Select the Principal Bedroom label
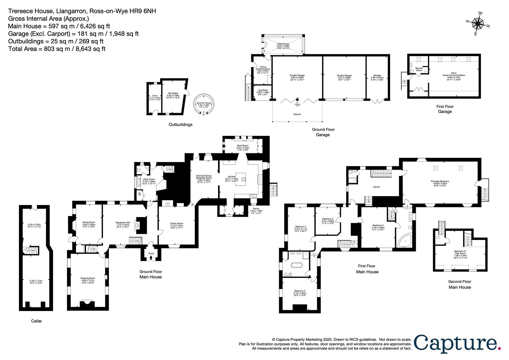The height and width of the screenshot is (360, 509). click(x=441, y=183)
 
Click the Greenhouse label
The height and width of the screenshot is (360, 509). click(x=282, y=46)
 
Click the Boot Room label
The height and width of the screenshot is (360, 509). click(x=243, y=147)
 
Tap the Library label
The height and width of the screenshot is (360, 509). click(x=376, y=187)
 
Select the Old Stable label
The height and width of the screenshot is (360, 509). click(x=173, y=95)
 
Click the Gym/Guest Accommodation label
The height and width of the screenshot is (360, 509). click(x=454, y=75)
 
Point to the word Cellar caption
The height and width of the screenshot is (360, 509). click(x=37, y=321)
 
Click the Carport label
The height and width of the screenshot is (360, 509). click(x=297, y=114)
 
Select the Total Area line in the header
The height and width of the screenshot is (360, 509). click(x=57, y=49)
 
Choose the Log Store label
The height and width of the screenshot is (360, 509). click(x=262, y=92)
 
